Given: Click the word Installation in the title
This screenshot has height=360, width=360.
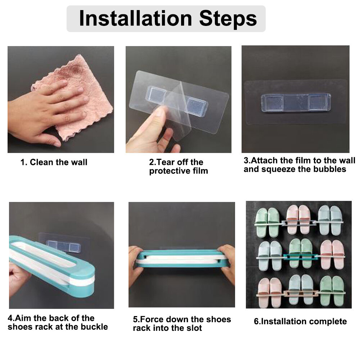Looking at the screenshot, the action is point(135,18).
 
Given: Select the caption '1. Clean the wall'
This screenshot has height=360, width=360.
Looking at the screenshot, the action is point(54,162).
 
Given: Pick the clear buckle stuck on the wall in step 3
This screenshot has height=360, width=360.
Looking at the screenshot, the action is point(296,102).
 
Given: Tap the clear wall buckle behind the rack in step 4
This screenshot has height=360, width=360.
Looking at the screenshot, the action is point(63,246).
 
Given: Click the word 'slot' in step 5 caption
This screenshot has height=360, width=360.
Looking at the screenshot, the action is point(194,328).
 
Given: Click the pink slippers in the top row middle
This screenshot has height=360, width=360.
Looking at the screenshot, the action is point(298,220).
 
